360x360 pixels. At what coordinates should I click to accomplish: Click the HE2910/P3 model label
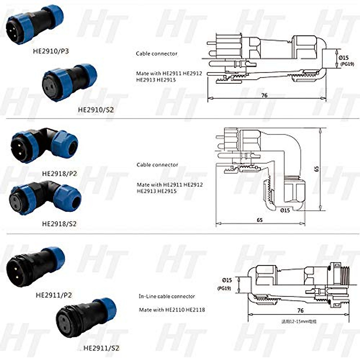pos(51,51)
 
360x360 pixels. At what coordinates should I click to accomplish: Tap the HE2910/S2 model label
pos(96,110)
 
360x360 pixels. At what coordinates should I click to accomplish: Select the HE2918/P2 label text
pos(59,173)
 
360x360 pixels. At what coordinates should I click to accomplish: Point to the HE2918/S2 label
pos(59,223)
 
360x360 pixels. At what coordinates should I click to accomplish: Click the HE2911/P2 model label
pos(54,295)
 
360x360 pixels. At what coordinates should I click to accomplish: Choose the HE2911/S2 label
pos(101,348)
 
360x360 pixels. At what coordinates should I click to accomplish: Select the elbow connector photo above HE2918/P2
pos(44,145)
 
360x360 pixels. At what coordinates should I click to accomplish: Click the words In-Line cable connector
pos(167,296)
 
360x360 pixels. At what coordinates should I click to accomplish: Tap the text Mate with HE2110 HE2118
pos(172,310)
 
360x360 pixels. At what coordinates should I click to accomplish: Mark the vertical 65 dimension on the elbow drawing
pos(317,169)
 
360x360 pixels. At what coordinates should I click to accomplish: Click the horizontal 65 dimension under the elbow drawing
pos(260,220)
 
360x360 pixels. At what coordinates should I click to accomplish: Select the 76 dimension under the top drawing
pos(264,95)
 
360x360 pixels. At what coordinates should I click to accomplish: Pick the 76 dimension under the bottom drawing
pos(300,310)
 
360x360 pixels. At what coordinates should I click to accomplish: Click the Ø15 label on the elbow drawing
pos(285,210)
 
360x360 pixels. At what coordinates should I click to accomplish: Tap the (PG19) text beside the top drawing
pos(347,64)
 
